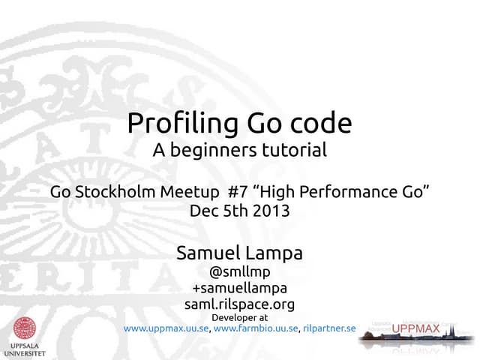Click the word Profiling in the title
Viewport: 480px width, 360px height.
coord(175,122)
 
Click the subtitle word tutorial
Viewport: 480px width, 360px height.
coord(295,150)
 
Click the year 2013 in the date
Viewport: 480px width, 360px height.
coord(270,211)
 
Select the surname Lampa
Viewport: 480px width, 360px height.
coord(275,253)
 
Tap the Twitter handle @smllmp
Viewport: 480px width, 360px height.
coord(239,272)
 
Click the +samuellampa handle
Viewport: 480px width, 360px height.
coord(239,288)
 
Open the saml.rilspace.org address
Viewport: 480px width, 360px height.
coord(239,304)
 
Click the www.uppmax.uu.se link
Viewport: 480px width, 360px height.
coord(166,328)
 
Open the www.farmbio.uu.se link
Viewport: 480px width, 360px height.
coord(256,328)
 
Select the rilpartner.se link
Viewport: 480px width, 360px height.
coord(329,328)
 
